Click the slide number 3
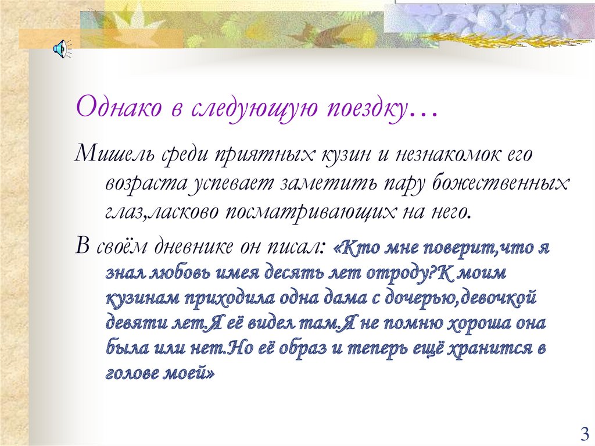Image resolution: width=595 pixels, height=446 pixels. point(584,433)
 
